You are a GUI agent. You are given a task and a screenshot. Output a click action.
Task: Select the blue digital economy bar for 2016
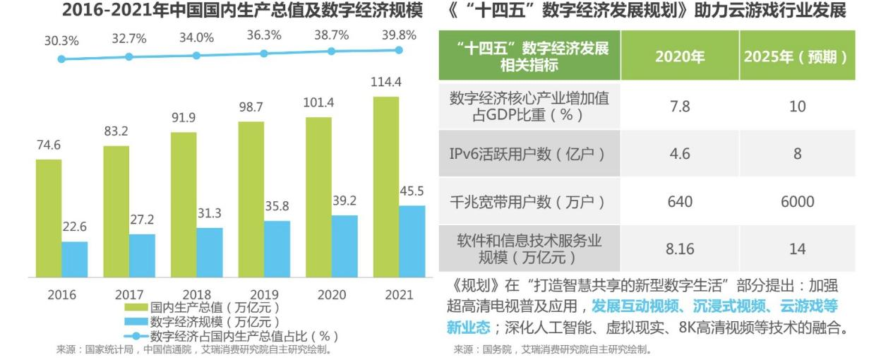74,259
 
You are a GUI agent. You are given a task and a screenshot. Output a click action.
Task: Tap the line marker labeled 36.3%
264,54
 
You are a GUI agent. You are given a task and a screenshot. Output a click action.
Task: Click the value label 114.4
386,83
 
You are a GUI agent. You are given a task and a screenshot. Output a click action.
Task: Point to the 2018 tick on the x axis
197,294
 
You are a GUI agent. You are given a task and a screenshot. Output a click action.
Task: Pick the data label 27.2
142,220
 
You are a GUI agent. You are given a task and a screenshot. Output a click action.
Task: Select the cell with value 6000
797,202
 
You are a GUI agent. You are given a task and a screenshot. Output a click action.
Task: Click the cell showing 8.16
680,248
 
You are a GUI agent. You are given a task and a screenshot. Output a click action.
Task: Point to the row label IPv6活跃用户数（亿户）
528,153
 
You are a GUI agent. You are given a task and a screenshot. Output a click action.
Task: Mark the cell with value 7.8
680,107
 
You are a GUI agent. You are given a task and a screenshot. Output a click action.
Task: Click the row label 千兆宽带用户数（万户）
528,202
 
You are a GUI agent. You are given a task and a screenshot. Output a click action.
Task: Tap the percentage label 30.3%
61,41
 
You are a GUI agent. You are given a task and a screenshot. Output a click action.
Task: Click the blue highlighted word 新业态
468,328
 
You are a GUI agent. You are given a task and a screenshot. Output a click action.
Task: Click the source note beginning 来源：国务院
552,349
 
